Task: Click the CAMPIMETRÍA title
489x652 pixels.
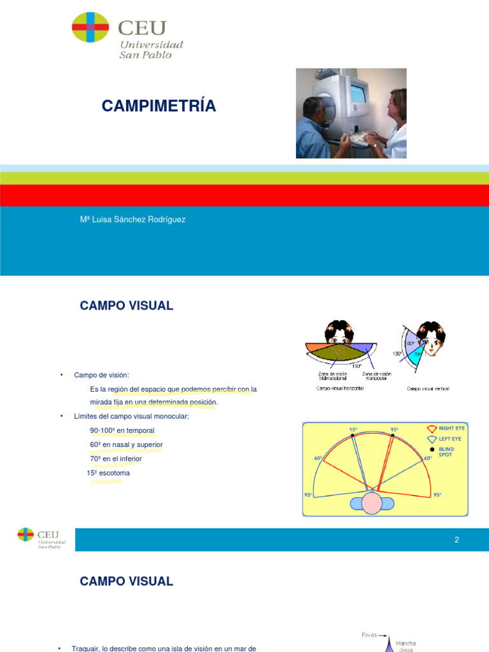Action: [x=159, y=106]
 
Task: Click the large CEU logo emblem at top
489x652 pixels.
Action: [x=90, y=27]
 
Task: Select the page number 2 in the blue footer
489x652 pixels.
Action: [x=457, y=540]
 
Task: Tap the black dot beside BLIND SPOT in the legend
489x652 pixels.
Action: [x=432, y=449]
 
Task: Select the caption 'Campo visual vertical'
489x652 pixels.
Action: [x=428, y=388]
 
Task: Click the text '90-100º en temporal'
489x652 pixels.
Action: [x=122, y=430]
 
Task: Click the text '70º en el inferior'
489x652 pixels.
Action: [x=116, y=458]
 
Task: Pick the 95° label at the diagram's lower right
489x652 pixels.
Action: [x=437, y=495]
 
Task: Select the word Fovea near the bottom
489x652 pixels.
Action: [x=369, y=635]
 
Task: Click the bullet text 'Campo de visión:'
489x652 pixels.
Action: [x=106, y=375]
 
